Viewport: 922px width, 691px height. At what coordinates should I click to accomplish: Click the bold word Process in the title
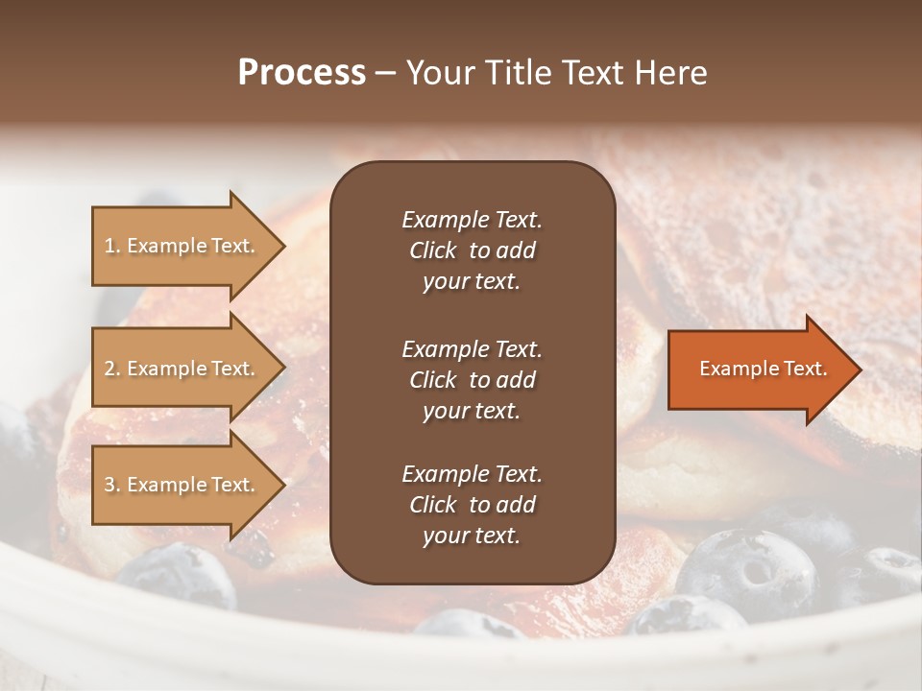pyautogui.click(x=302, y=73)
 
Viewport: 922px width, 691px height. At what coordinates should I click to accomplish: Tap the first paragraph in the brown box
pyautogui.click(x=472, y=250)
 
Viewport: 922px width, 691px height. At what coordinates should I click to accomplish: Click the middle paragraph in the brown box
pyautogui.click(x=472, y=380)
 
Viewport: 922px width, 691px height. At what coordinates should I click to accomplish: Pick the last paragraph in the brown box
pyautogui.click(x=472, y=505)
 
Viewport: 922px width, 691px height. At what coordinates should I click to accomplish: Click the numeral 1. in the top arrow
pyautogui.click(x=112, y=246)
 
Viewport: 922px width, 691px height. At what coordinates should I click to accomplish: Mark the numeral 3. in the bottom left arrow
pyautogui.click(x=112, y=485)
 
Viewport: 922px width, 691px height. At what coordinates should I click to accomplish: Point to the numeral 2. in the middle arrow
pyautogui.click(x=112, y=369)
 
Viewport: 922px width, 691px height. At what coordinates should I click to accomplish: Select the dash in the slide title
pyautogui.click(x=385, y=73)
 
